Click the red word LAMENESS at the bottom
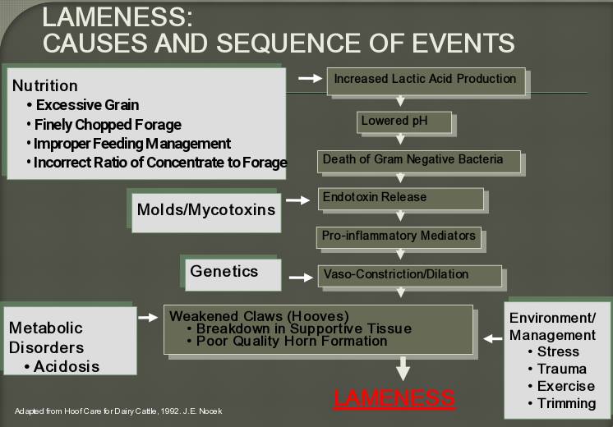[x=394, y=398]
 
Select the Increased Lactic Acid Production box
[x=426, y=80]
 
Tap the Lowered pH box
[x=404, y=122]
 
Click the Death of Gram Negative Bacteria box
[x=419, y=161]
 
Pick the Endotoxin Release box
[x=401, y=199]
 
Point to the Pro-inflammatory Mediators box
[x=399, y=236]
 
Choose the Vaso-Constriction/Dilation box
[x=410, y=276]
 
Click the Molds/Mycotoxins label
[x=206, y=210]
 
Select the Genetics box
[x=233, y=274]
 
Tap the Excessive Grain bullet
[x=83, y=105]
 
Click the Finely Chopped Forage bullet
[x=104, y=125]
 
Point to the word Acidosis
[x=67, y=366]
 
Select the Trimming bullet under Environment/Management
[x=562, y=403]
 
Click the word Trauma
[x=562, y=369]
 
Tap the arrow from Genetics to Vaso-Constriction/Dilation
[x=301, y=278]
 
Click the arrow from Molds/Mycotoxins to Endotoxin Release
[x=298, y=200]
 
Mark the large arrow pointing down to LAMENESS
[x=403, y=369]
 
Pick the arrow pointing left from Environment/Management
[x=493, y=338]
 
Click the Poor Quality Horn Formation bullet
[x=288, y=341]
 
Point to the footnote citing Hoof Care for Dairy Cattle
[x=118, y=411]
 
